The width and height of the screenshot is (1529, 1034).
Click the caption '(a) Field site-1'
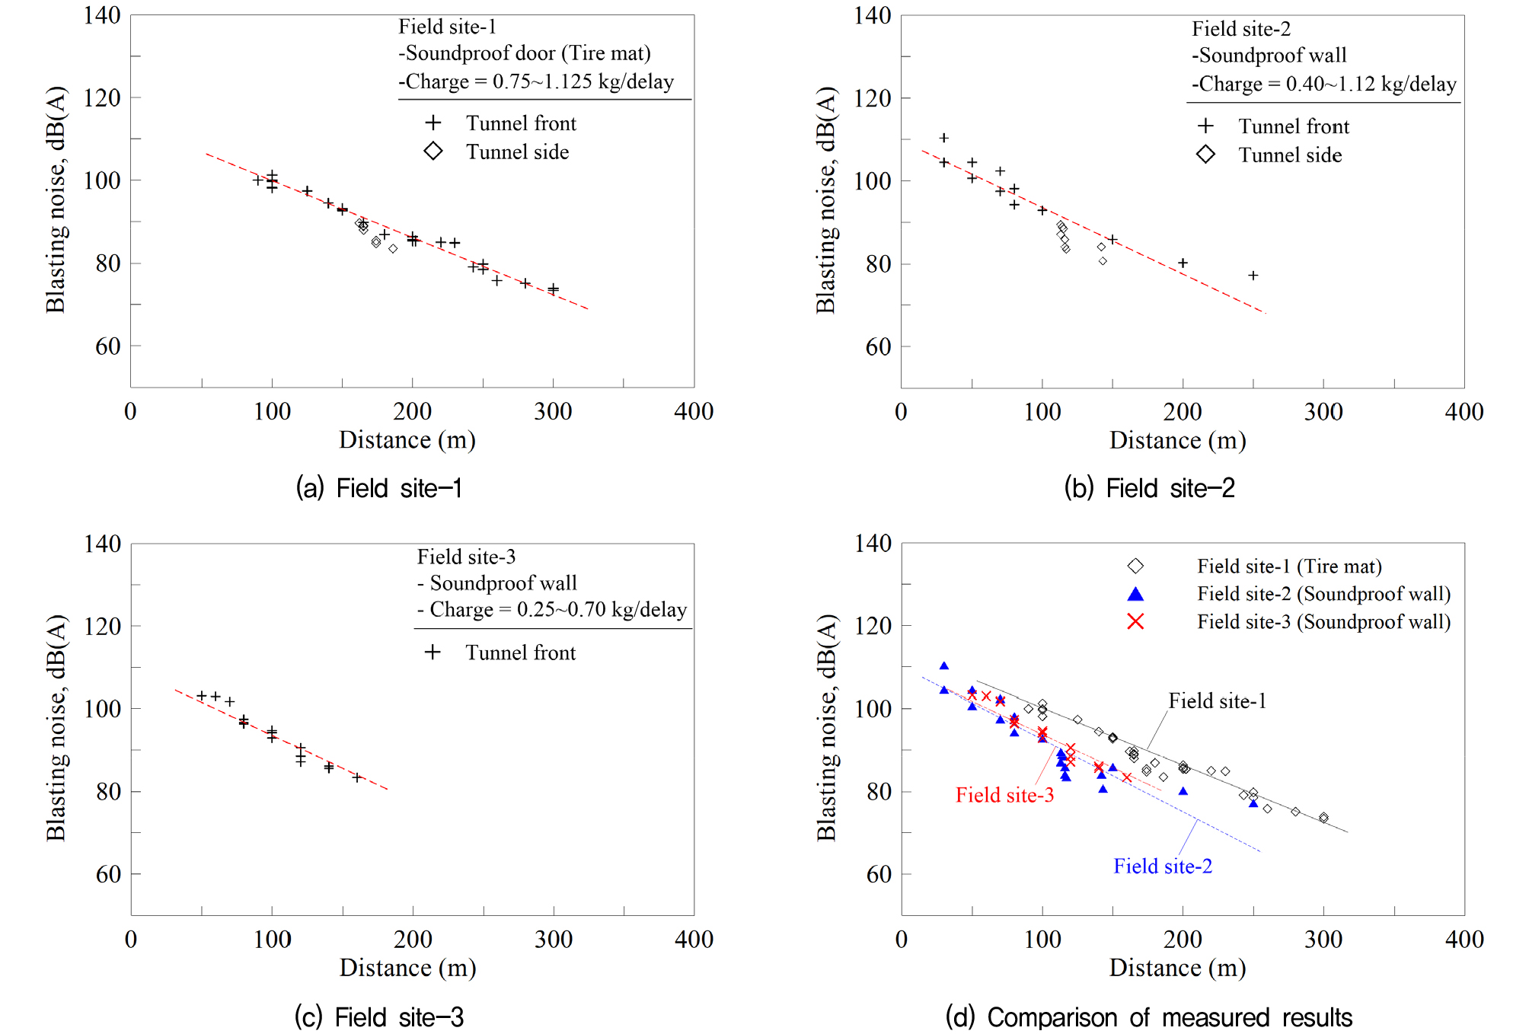378,488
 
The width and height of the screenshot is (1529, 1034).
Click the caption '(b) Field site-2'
1149,488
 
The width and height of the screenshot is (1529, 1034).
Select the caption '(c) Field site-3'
378,1017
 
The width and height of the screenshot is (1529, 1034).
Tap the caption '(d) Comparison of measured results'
1148,1017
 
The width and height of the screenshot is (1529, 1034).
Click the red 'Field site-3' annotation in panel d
1004,795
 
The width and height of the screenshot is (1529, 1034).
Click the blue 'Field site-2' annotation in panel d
1163,866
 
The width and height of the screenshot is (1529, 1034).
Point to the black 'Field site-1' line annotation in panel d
1218,701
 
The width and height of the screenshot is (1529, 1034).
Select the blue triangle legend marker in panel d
1135,594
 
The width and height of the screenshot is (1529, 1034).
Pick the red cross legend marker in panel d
1135,622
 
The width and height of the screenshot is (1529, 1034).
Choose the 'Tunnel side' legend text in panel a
518,152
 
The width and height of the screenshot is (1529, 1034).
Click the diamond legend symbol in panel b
1205,155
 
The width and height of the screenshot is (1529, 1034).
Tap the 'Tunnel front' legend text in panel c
521,653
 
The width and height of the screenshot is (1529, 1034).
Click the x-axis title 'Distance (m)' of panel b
1177,440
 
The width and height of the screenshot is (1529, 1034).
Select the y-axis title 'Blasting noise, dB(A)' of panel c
56,728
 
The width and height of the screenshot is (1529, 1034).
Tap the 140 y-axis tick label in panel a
102,15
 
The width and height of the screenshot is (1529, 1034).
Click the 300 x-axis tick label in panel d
1323,940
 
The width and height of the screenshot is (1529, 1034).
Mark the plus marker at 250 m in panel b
1253,276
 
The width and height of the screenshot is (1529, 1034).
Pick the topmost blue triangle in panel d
944,666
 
